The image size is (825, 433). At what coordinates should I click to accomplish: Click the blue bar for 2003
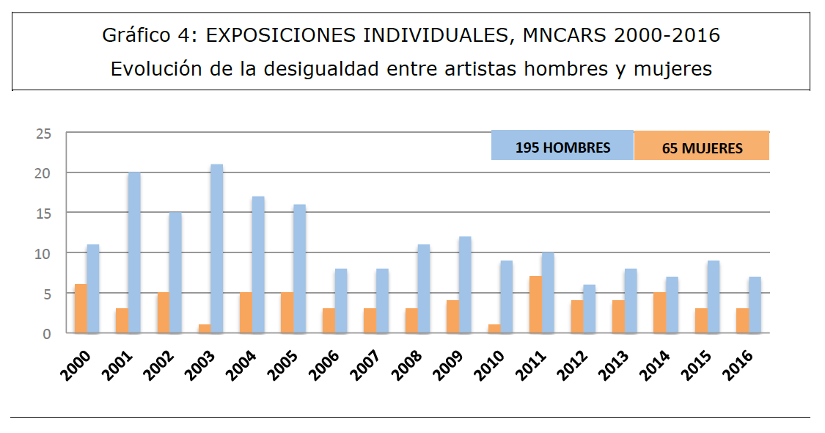coord(216,249)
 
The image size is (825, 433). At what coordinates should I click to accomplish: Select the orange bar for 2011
coord(535,305)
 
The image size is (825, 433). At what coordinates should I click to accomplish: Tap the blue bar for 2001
coord(134,253)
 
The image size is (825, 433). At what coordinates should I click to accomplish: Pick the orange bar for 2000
coord(81,309)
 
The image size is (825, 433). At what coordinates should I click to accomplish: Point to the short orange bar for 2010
coord(494,329)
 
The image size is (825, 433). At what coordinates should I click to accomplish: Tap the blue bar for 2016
coord(755,305)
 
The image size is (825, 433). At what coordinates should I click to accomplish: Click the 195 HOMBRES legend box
coord(562,146)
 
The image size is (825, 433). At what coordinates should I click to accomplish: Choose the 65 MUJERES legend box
coord(702,147)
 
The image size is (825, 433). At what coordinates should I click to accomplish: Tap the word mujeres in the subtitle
coord(672,70)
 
